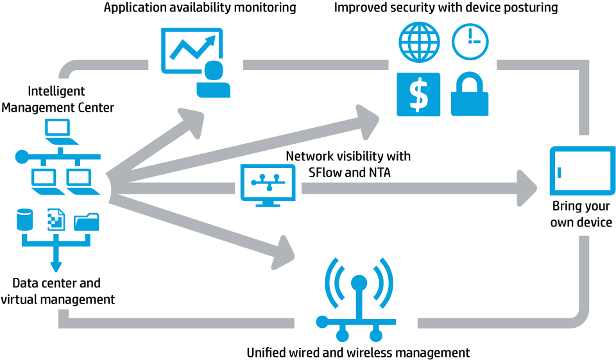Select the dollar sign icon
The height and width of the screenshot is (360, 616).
point(418,94)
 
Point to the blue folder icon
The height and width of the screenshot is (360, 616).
point(87,222)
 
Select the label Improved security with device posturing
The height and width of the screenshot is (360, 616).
point(446,8)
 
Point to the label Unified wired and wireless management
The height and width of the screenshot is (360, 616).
point(358,352)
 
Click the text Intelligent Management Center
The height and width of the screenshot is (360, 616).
point(57,99)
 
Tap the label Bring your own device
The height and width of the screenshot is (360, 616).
point(581,214)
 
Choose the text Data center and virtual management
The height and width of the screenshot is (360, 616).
point(57,291)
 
